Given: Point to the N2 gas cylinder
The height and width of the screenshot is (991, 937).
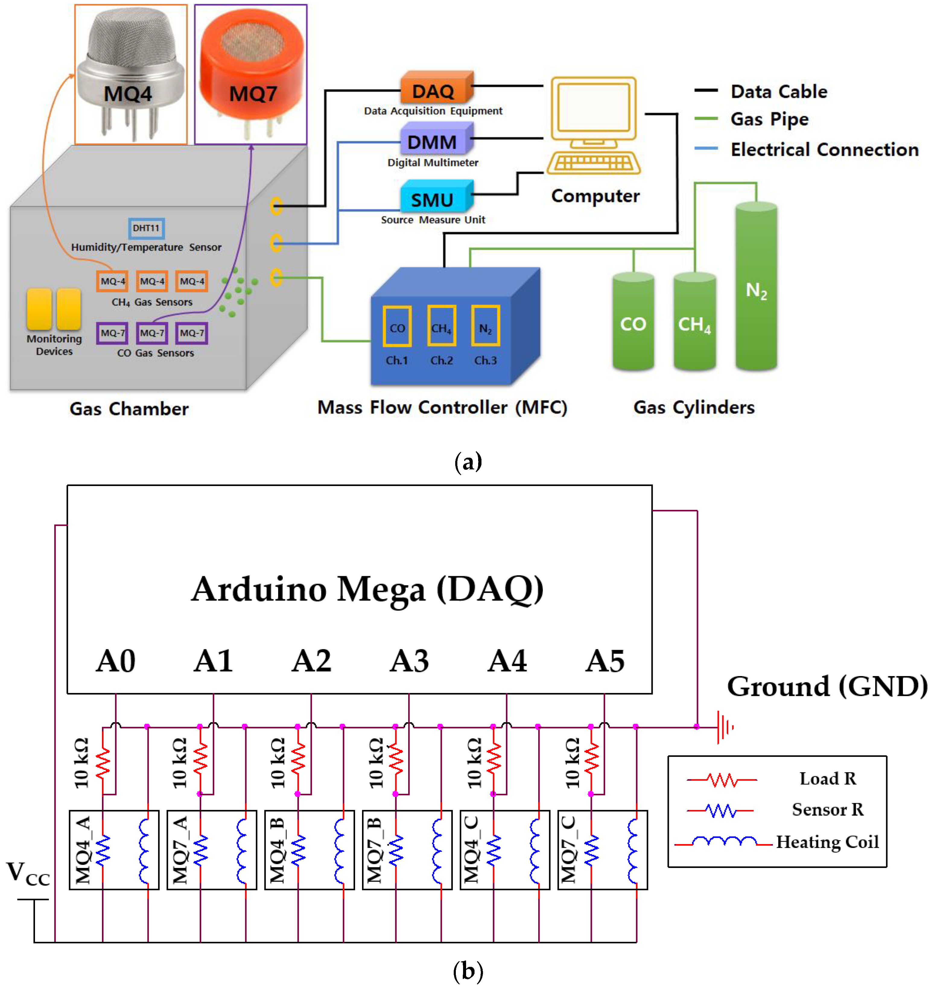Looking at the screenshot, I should click(756, 287).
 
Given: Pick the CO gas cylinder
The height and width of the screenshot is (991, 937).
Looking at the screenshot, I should click(633, 322).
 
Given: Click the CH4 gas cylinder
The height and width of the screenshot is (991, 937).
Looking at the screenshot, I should click(694, 322).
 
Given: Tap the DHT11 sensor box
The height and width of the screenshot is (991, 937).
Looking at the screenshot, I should click(146, 228).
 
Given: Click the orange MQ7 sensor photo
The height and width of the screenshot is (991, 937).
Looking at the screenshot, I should click(251, 75).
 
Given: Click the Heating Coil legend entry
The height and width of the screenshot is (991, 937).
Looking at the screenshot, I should click(827, 842).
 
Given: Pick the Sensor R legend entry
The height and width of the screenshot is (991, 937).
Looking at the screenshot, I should click(827, 809).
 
